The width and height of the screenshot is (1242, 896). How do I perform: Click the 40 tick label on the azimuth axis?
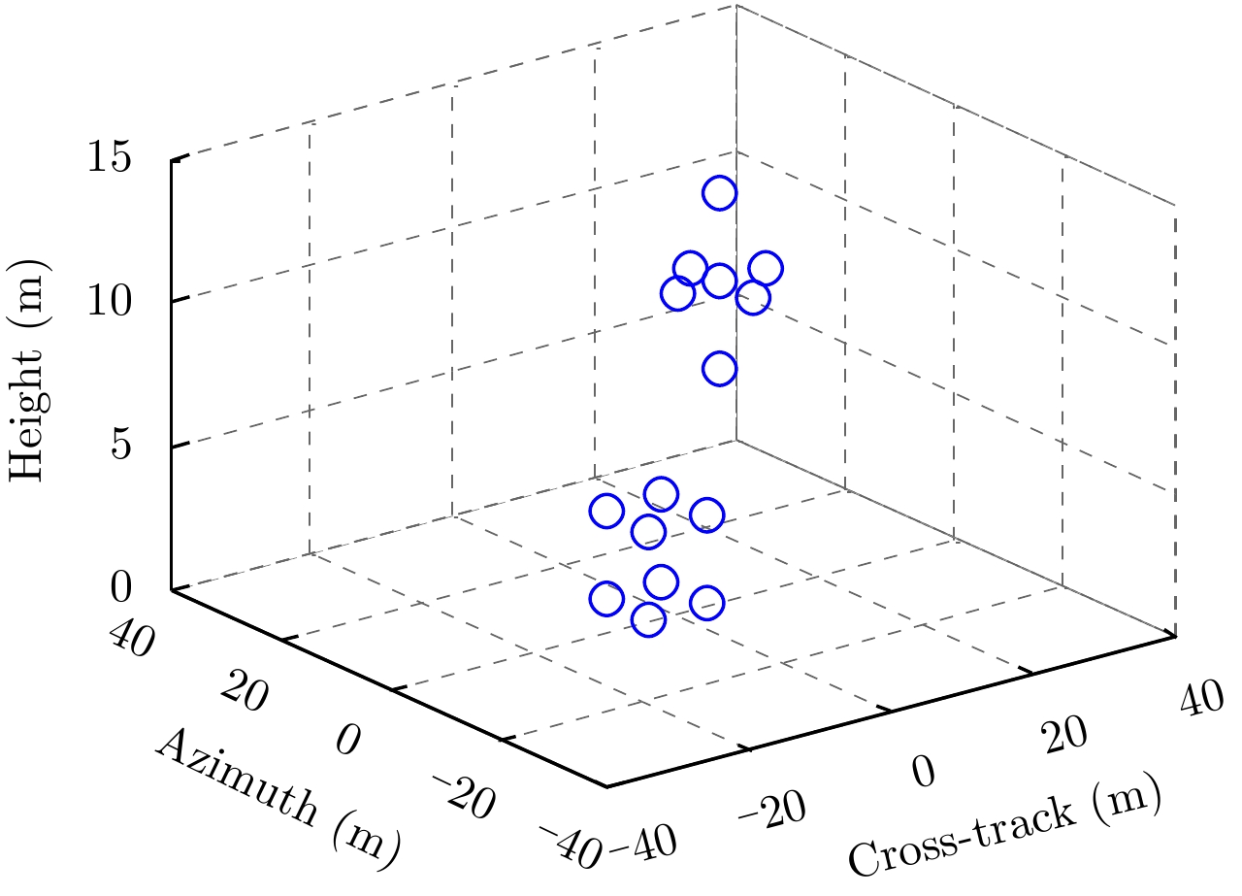pyautogui.click(x=132, y=641)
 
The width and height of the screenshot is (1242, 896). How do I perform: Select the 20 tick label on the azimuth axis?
pyautogui.click(x=242, y=691)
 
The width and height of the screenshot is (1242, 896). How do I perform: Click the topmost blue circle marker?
pyautogui.click(x=719, y=193)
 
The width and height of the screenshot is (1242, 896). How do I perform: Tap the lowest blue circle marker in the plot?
pyautogui.click(x=648, y=619)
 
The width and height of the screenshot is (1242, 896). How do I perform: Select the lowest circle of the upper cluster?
pyautogui.click(x=719, y=369)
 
